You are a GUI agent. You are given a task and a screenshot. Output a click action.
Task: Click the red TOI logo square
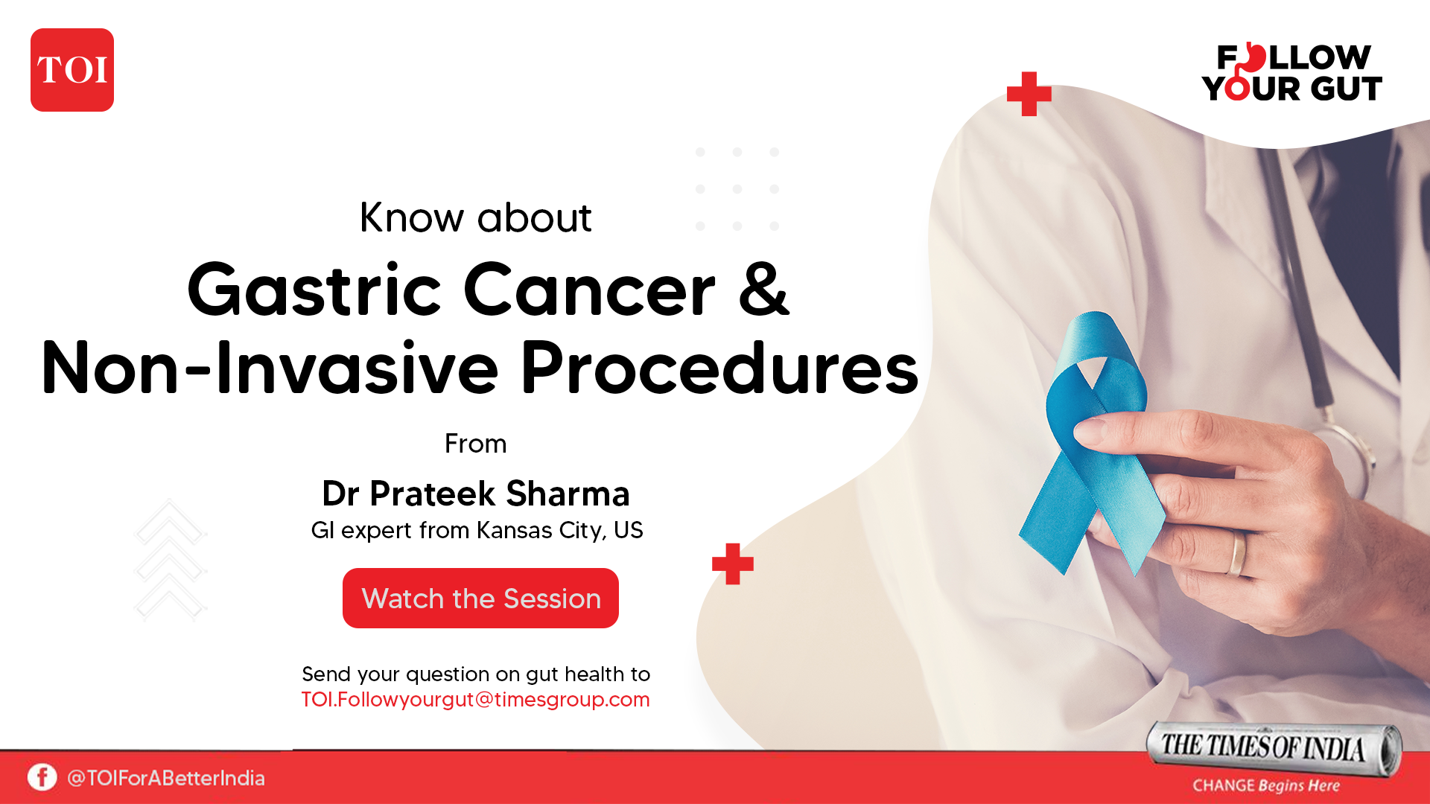(72, 70)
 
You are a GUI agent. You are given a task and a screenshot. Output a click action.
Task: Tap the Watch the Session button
(480, 599)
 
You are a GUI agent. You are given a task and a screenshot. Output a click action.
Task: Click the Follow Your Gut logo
(1292, 73)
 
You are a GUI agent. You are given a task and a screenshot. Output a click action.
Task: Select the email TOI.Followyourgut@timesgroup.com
(475, 700)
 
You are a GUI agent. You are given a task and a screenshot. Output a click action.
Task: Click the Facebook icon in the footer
(42, 777)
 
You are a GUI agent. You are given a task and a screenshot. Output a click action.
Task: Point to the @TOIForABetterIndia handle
(165, 778)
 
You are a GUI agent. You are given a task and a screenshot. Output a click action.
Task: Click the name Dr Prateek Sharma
(476, 494)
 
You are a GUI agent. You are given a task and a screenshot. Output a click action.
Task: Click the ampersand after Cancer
(763, 290)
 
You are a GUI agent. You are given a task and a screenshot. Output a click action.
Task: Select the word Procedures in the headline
(719, 368)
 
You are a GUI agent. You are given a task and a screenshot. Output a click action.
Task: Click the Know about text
(475, 217)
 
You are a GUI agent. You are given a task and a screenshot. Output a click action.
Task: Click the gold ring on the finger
(1237, 553)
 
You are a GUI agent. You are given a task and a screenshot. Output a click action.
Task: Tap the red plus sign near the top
(1029, 94)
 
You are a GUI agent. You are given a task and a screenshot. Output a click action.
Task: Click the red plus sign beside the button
(732, 564)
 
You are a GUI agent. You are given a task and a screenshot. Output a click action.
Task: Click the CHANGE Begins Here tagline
(1265, 785)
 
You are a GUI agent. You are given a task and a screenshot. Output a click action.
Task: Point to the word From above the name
(475, 444)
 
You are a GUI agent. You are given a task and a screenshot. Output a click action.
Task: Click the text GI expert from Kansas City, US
(477, 530)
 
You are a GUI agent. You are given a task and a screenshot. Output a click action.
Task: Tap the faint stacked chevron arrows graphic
(170, 560)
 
